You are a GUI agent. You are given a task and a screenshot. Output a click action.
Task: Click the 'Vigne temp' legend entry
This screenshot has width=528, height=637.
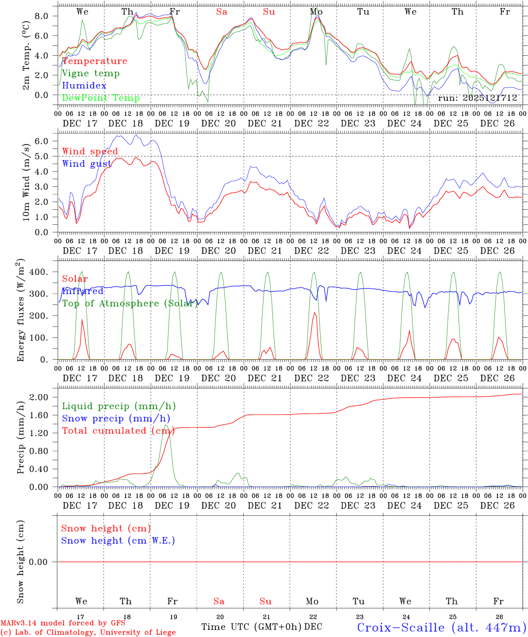[x=91, y=73]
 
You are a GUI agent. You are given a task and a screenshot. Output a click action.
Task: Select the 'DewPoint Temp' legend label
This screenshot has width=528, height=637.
[x=101, y=98]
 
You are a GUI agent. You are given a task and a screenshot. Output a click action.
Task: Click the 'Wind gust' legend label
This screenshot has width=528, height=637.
[x=87, y=164]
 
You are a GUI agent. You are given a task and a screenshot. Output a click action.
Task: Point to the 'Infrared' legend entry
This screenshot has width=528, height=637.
[x=83, y=291]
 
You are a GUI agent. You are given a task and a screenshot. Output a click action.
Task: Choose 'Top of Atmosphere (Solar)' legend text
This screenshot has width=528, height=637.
[x=130, y=303]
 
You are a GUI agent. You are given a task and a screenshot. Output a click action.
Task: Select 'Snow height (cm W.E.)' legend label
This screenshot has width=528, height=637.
[x=118, y=541]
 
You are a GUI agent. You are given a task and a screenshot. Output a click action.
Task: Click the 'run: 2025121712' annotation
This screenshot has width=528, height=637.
[x=477, y=98]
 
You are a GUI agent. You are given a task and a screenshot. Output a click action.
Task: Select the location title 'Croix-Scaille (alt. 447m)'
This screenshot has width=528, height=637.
[x=441, y=627]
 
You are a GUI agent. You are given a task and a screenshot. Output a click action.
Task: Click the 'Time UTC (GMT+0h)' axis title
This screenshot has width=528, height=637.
[x=251, y=627]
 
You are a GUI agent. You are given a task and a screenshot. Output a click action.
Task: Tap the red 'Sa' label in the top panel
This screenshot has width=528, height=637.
[x=222, y=12]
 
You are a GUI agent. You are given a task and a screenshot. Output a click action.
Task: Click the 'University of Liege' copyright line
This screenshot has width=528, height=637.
[x=88, y=633]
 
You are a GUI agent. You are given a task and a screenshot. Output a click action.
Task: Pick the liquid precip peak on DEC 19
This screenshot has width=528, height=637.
[x=166, y=425]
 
